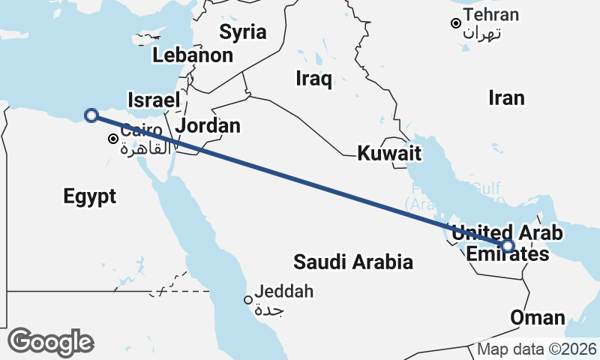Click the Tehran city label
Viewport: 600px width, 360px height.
coord(491,15)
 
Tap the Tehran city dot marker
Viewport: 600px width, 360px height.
coord(455,23)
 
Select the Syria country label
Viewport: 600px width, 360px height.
coord(243,31)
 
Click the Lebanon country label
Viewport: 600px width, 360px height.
coord(192,55)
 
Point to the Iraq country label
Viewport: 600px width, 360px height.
coord(313,79)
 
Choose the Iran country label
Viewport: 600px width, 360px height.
coord(506,97)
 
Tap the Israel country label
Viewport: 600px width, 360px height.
coord(154,100)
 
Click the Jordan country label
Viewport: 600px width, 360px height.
coord(208,125)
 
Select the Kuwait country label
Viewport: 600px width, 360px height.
coord(388,154)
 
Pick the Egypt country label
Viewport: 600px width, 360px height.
coord(90,196)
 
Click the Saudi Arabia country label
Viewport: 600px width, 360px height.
coord(353,262)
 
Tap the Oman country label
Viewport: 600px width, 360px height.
coord(537,317)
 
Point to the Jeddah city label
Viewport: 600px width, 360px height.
coord(284,292)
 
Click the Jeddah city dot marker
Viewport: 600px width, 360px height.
coord(248,300)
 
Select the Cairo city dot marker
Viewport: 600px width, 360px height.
coord(112,139)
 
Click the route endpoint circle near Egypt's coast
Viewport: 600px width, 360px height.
coord(91,115)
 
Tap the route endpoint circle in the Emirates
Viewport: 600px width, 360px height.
coord(508,245)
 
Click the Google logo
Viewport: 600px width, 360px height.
coord(50,342)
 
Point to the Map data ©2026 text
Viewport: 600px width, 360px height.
coord(537,349)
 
